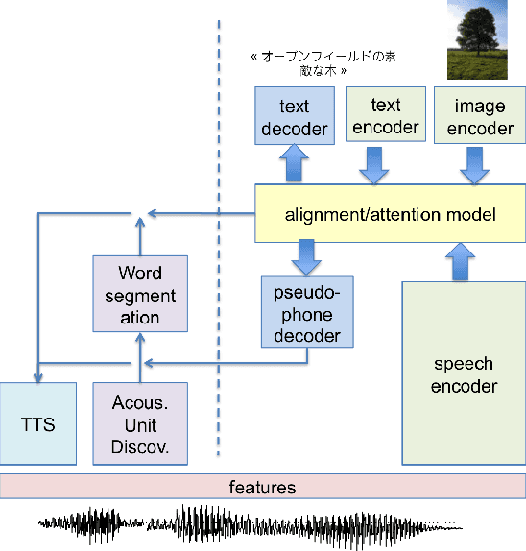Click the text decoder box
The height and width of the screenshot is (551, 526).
tap(295, 116)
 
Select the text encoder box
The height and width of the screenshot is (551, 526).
tap(381, 116)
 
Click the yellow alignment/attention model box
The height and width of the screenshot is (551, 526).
tap(390, 214)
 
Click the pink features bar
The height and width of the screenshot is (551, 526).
tap(263, 488)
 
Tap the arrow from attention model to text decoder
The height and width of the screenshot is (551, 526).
tap(294, 166)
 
